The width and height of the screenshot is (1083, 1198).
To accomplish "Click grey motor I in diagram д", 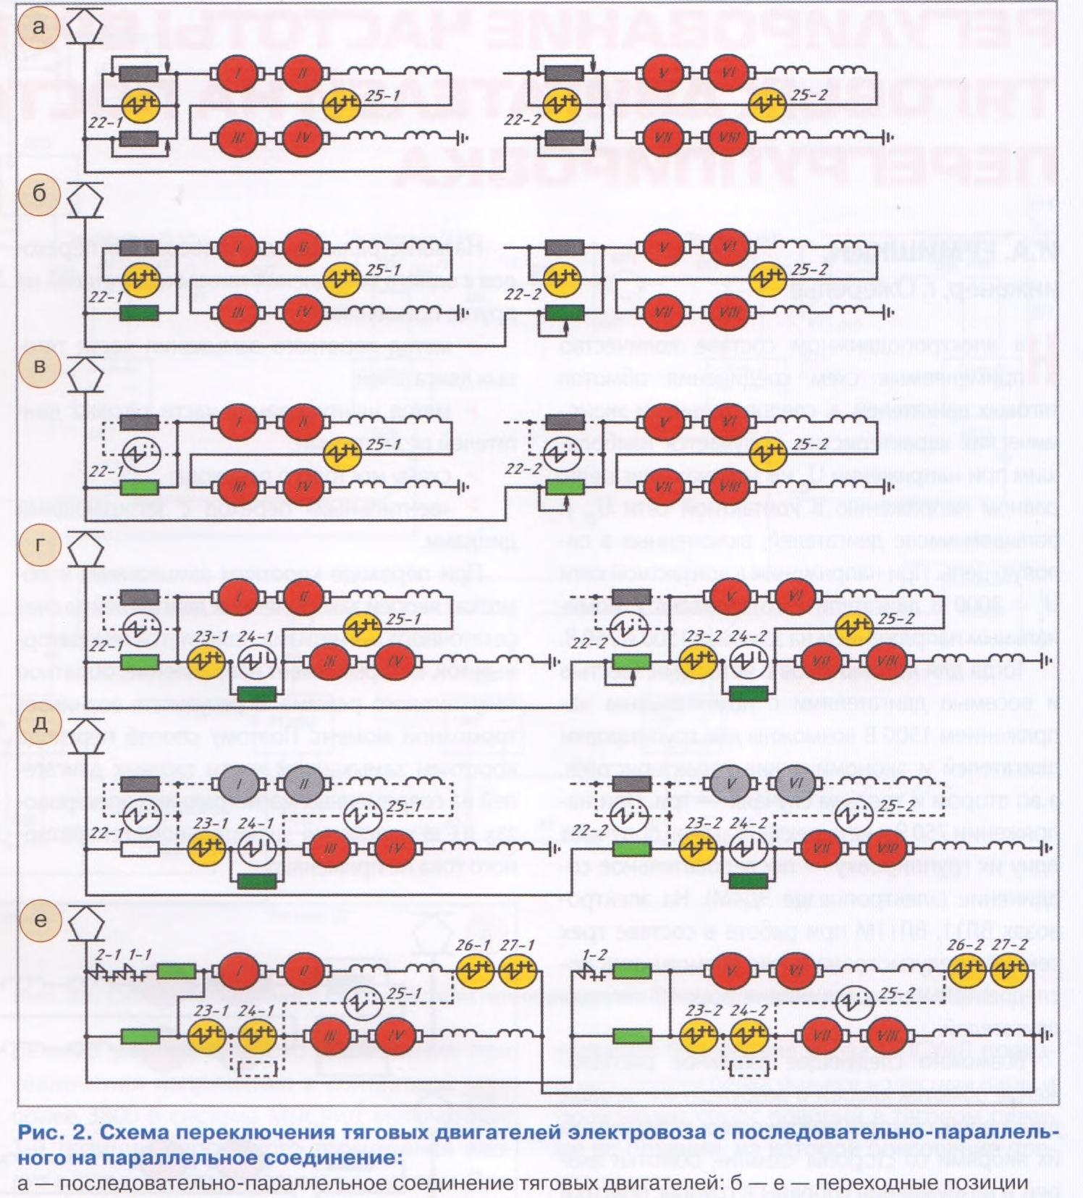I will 239,784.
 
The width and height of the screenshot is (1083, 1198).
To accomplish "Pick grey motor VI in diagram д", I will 796,784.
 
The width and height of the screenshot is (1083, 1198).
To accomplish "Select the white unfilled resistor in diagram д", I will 140,848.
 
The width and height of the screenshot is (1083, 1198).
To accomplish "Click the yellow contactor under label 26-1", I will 474,971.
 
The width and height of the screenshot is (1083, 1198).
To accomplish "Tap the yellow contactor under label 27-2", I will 1009,971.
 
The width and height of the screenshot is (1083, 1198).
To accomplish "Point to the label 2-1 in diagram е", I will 109,955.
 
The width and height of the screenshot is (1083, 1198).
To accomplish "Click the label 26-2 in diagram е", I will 966,945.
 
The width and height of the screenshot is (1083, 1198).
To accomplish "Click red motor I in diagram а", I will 238,73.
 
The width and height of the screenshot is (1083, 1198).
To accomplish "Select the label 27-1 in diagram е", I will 518,945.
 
